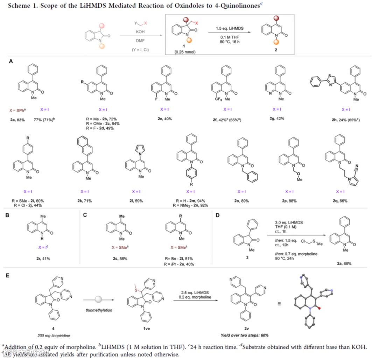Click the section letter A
point(11,62)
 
